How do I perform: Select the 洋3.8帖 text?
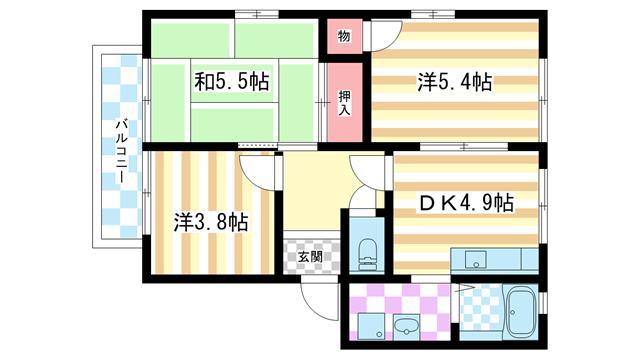[x=211, y=222]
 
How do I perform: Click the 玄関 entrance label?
[x=311, y=256]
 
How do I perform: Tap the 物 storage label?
[x=343, y=36]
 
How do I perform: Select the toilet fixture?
[x=366, y=251]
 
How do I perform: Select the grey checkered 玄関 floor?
[x=311, y=258]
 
